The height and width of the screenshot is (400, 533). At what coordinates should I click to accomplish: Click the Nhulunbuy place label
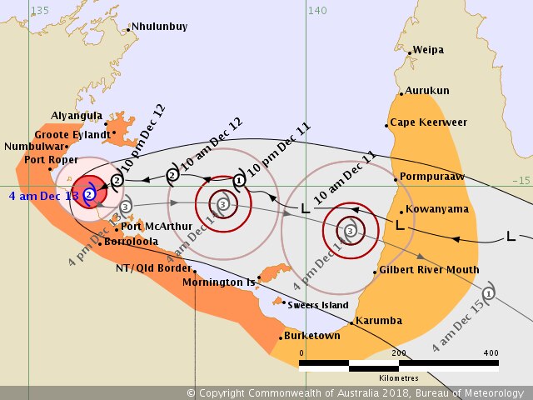[x=160, y=27]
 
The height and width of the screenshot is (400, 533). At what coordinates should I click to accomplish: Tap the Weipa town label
[x=429, y=50]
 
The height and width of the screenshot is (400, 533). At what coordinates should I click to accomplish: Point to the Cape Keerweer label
[x=429, y=122]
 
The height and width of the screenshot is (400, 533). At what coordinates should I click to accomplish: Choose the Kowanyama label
[x=433, y=209]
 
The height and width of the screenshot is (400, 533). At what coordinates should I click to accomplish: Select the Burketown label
[x=312, y=336]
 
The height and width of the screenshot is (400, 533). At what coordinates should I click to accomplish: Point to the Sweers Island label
[x=318, y=305]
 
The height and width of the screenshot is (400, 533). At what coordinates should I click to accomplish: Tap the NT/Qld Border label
[x=149, y=268]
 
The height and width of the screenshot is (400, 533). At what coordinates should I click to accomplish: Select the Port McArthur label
[x=157, y=226]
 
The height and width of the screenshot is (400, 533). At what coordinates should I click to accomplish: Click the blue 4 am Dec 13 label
[x=43, y=195]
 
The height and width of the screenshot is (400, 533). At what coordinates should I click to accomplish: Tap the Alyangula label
[x=77, y=117]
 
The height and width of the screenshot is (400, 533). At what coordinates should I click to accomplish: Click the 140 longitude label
[x=316, y=10]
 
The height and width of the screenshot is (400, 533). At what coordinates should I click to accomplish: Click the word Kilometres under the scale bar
[x=397, y=377]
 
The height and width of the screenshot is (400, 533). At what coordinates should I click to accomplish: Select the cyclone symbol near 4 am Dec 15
[x=489, y=292]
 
